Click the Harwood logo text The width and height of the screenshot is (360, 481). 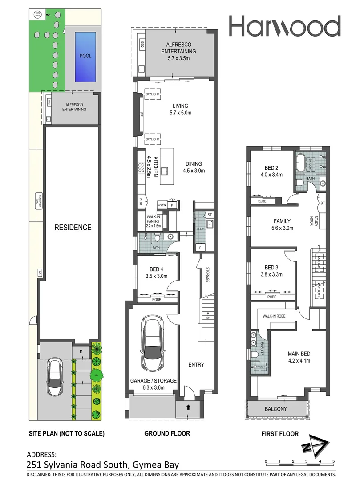point(285,26)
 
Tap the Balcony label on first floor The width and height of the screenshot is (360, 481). point(276,409)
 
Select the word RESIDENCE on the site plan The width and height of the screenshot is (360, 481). point(73,228)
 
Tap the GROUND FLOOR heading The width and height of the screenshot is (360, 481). point(167,433)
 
